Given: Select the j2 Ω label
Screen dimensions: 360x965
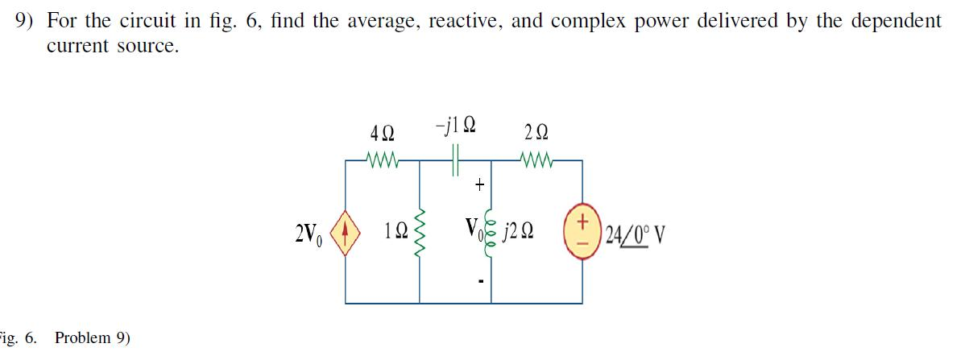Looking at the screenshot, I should pyautogui.click(x=517, y=234).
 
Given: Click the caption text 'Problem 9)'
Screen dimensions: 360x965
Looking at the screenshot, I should pyautogui.click(x=91, y=337).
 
